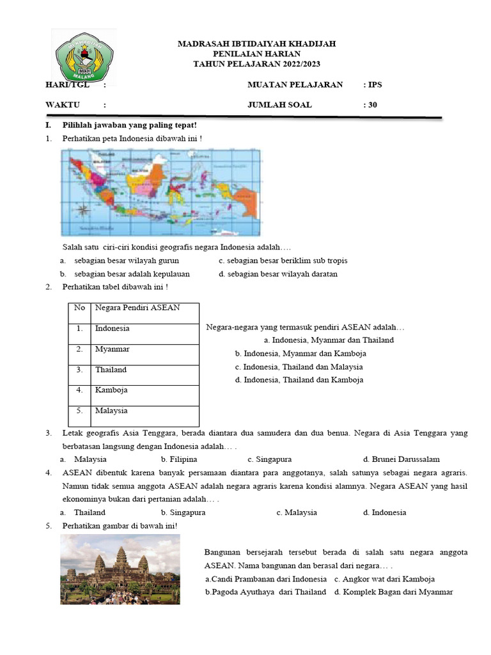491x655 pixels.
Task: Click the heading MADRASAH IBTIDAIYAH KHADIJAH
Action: tap(256, 43)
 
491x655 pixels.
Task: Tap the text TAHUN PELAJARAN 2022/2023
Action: tap(256, 64)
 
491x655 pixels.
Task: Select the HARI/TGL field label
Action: tap(66, 84)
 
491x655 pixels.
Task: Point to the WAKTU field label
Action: tap(62, 105)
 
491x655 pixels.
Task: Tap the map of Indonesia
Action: tap(161, 192)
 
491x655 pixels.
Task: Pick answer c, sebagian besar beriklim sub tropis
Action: tap(283, 261)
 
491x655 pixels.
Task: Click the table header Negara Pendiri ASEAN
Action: tap(137, 308)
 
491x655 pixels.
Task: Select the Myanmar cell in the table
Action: tap(113, 349)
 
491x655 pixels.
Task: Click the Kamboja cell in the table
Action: tap(111, 390)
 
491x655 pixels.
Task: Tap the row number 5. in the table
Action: tap(80, 411)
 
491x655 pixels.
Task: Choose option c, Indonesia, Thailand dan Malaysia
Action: tap(299, 367)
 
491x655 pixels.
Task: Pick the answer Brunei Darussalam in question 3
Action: tap(401, 459)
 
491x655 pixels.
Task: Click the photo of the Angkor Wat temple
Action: tap(116, 570)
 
